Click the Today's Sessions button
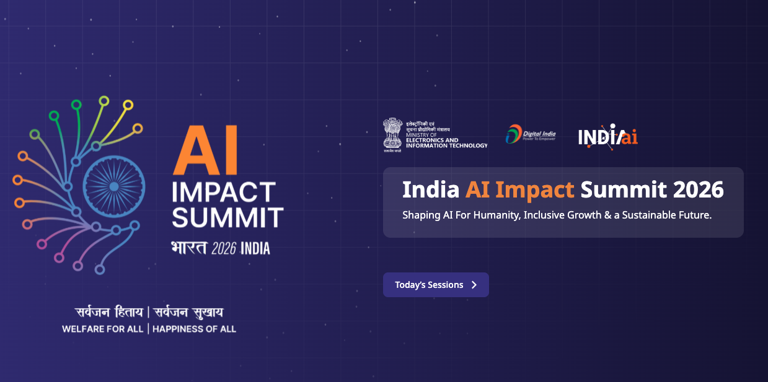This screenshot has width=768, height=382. click(x=435, y=285)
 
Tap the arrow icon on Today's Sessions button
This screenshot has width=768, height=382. click(x=474, y=285)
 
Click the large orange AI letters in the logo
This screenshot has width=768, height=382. click(x=205, y=150)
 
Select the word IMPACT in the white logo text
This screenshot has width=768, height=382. click(x=223, y=193)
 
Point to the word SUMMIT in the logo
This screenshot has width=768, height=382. click(x=227, y=218)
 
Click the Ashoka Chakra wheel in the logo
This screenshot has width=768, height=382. click(x=113, y=186)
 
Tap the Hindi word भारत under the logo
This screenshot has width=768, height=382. click(x=188, y=248)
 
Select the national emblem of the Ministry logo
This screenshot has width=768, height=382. click(x=392, y=134)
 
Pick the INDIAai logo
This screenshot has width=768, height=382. click(x=607, y=136)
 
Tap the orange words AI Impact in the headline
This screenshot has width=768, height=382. click(x=519, y=189)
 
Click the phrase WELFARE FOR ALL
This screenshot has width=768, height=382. click(x=102, y=329)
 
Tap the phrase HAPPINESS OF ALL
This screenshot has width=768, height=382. click(x=194, y=329)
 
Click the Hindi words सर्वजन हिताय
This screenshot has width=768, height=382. click(x=107, y=312)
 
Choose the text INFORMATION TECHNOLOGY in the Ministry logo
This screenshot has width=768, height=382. click(x=446, y=145)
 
